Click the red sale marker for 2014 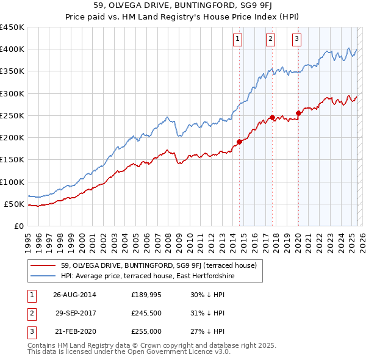[x=239, y=142]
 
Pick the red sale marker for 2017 [x=272, y=117]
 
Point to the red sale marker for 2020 [x=298, y=113]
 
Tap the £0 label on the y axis [x=18, y=226]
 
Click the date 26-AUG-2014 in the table [x=75, y=294]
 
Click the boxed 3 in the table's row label [x=30, y=332]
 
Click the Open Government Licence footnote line [x=129, y=352]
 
